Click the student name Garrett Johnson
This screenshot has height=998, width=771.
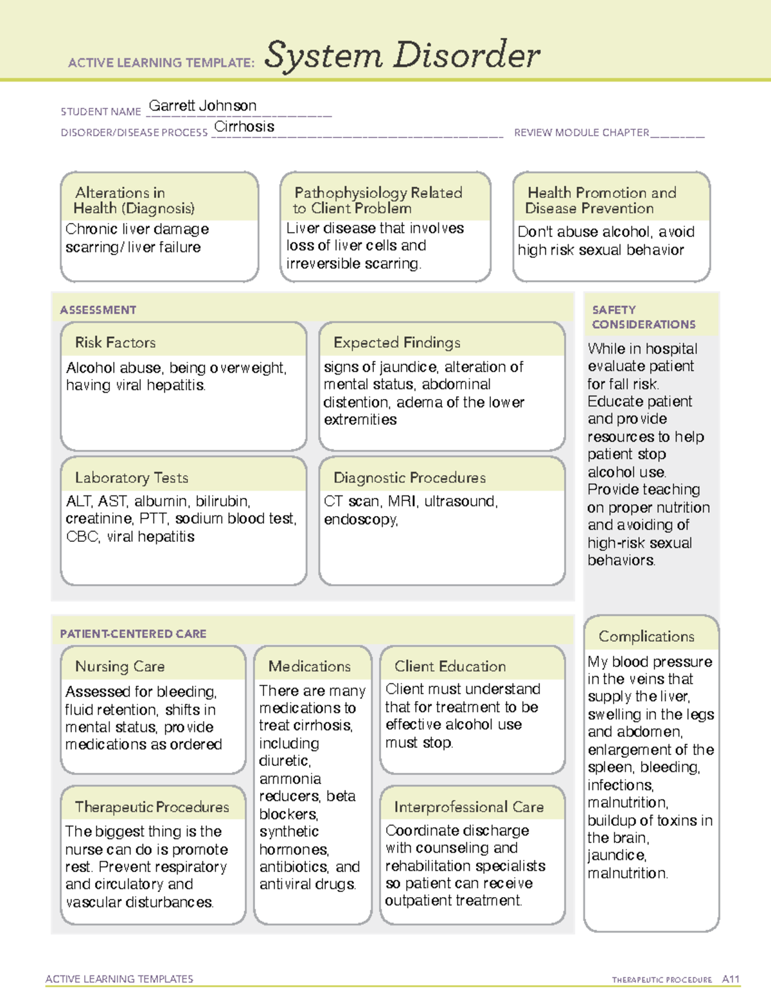[202, 106]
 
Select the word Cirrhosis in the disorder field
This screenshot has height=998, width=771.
[244, 127]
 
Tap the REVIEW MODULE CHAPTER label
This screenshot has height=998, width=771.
[581, 132]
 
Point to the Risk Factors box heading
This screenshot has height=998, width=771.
[115, 343]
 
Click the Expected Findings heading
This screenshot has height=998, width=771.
[396, 343]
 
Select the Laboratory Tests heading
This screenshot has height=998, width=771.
[131, 477]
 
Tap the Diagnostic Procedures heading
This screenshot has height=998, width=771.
[409, 477]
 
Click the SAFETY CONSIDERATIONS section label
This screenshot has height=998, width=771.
[643, 317]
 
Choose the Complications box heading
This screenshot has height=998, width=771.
[646, 636]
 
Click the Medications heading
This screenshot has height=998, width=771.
[309, 666]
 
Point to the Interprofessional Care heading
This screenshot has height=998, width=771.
[468, 806]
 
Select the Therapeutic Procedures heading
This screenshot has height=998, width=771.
[152, 806]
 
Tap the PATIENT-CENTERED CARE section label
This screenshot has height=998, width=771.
[133, 634]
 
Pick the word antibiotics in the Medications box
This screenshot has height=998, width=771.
[294, 867]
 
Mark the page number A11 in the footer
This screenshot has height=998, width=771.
[731, 979]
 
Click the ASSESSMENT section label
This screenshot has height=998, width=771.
[98, 310]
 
